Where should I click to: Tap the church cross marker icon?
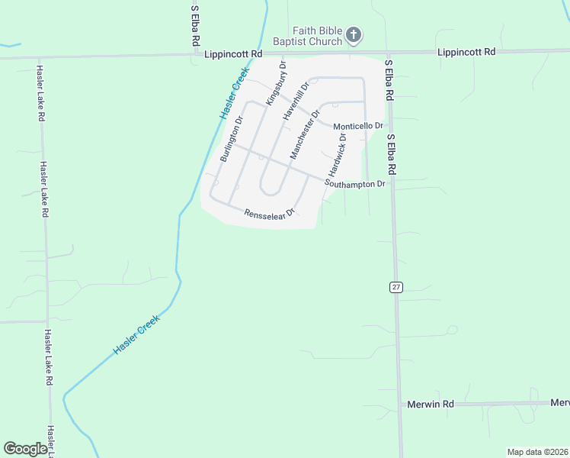(x=353, y=34)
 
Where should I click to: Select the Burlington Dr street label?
(x=231, y=139)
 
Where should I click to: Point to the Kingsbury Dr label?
(x=277, y=88)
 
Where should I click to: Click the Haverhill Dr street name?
(x=295, y=101)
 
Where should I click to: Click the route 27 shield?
(x=395, y=286)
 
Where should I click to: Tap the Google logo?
(x=25, y=449)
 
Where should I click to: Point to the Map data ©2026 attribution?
(x=537, y=452)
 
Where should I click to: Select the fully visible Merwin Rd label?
(x=431, y=403)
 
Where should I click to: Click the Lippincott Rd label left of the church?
(x=234, y=54)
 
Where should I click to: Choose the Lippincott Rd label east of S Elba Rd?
(x=466, y=52)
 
